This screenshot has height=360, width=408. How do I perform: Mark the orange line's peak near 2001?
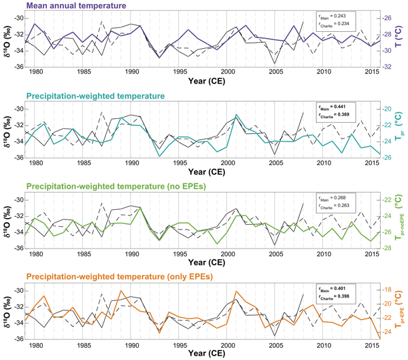pos(237,291)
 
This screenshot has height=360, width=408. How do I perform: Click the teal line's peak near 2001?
pos(236,115)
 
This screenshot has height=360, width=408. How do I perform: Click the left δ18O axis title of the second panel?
pos(8,129)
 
